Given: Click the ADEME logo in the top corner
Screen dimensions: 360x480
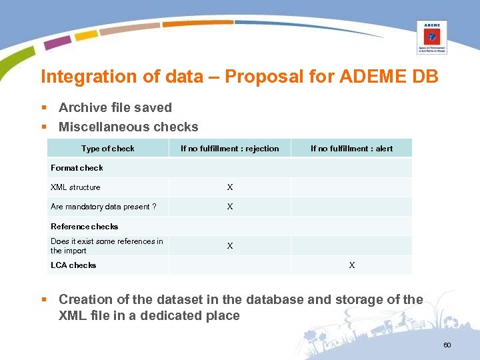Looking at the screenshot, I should [x=431, y=37].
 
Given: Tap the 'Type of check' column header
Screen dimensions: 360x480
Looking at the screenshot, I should [x=107, y=149].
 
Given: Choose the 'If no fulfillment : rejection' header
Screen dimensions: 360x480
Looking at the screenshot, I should [x=229, y=149].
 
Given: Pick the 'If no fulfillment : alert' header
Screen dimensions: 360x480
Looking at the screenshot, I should [x=351, y=149].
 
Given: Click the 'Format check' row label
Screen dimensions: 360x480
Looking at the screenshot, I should [x=77, y=168].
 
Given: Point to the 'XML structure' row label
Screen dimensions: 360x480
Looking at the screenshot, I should [x=75, y=187].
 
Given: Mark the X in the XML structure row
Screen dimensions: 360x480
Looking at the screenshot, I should [x=230, y=187].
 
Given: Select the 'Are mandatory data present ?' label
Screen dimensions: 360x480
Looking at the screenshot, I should [x=103, y=207].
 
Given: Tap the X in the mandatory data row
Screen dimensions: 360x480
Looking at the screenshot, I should [x=230, y=207].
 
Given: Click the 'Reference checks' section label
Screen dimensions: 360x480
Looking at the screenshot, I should [x=84, y=227].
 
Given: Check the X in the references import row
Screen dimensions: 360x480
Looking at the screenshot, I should [x=230, y=246].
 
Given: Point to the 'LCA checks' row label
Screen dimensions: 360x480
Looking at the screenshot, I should [x=73, y=265].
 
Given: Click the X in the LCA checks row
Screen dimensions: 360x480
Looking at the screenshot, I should [x=352, y=265].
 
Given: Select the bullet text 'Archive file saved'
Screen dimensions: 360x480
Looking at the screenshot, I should [x=115, y=108].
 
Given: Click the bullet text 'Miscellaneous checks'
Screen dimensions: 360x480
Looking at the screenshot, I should [x=129, y=127].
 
